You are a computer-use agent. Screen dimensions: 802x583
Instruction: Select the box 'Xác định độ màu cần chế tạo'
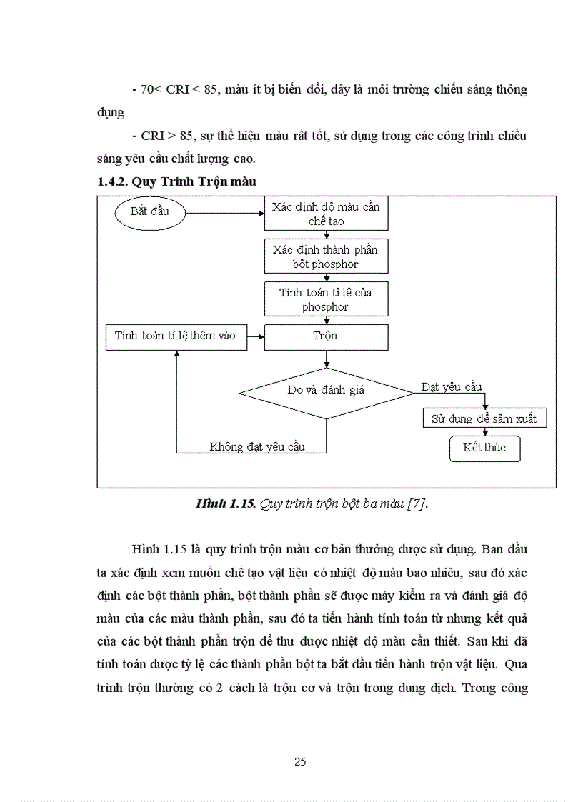point(326,214)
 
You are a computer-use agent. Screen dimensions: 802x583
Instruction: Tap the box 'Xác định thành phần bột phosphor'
point(326,256)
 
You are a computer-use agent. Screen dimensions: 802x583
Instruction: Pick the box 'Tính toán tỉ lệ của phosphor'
point(326,299)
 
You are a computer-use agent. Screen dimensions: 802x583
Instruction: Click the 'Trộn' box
point(326,336)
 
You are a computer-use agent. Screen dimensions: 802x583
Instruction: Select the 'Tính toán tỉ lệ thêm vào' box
point(176,336)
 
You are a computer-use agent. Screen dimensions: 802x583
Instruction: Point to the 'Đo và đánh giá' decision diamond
point(326,390)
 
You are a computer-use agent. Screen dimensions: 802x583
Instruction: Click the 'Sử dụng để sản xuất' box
point(484,418)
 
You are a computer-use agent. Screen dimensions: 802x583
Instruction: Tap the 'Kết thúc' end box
point(484,448)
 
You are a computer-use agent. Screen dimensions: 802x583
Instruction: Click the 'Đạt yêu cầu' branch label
point(451,387)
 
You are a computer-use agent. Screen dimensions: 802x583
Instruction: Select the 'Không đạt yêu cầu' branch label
point(257,446)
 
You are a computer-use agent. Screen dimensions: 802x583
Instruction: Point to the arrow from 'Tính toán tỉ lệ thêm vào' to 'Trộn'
point(256,336)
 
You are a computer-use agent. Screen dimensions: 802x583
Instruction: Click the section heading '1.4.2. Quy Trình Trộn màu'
point(176,182)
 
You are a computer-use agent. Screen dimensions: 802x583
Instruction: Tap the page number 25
point(300,762)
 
